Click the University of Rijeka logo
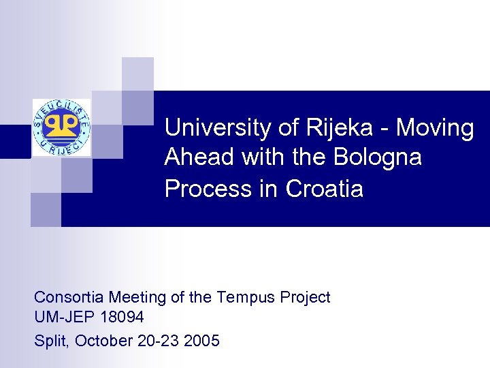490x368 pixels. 61,127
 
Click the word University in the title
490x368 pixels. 210,127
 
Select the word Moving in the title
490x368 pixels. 436,127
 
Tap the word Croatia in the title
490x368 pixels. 325,188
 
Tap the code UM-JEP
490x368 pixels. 61,318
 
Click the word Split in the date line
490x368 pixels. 50,340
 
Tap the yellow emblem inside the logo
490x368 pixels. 61,125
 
